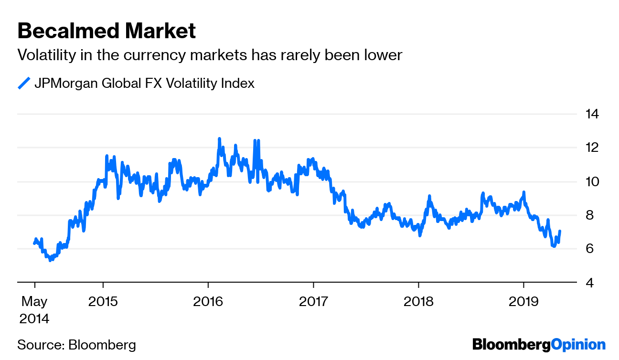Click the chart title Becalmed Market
click(x=107, y=32)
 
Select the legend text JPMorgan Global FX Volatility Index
click(x=144, y=83)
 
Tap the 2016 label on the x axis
click(x=208, y=302)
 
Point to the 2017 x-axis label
click(x=313, y=302)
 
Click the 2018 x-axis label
click(x=418, y=302)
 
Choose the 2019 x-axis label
click(x=523, y=302)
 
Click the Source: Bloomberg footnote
click(x=76, y=345)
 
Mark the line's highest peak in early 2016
click(x=219, y=138)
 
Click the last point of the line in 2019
click(x=559, y=231)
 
